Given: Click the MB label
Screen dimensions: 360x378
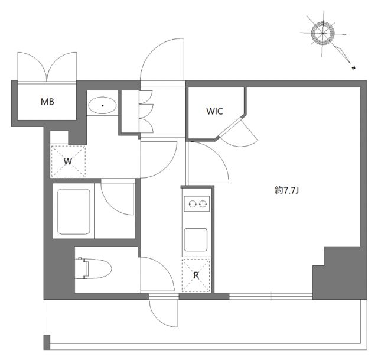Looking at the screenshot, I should [x=47, y=102].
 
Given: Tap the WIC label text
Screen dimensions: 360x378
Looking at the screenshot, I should [x=214, y=111].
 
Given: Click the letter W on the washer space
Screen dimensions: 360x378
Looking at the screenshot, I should [x=69, y=161].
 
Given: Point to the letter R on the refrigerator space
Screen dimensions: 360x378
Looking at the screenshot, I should [x=196, y=275].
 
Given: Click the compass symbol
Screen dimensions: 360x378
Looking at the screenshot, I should [x=322, y=33].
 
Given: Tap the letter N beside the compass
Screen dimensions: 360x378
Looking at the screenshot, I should [x=352, y=68].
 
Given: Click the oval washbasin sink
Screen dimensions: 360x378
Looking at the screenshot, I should [x=103, y=106].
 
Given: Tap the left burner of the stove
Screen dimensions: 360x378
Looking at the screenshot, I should [x=191, y=205].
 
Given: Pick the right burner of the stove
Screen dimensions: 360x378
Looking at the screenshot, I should [x=203, y=205].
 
